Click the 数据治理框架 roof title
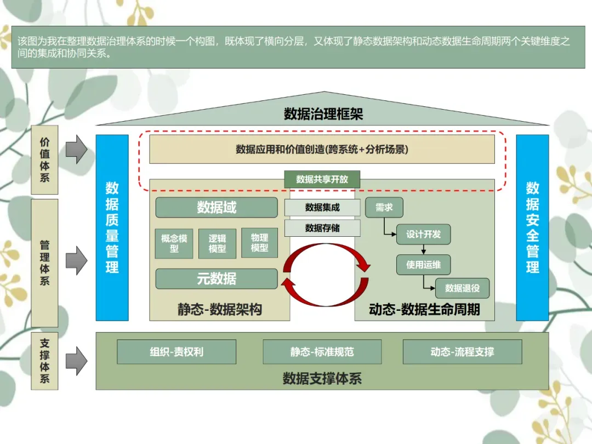tap(323, 114)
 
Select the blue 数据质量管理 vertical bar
tap(112, 227)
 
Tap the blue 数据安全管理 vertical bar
tap(532, 227)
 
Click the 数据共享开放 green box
tap(322, 179)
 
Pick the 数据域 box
tap(217, 208)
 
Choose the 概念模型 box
tap(174, 243)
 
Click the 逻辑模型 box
tap(217, 243)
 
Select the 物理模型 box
tap(259, 243)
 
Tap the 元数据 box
tap(217, 278)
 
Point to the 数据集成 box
tap(322, 208)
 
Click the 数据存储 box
tap(322, 228)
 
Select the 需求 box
tap(384, 208)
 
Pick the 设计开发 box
tap(423, 234)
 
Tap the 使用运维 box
tap(423, 265)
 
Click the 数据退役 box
tap(462, 288)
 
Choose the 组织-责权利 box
tap(177, 352)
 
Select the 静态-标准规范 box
tap(322, 352)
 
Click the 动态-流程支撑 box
tap(462, 352)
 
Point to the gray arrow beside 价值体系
tap(76, 149)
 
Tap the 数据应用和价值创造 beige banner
tap(322, 149)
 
